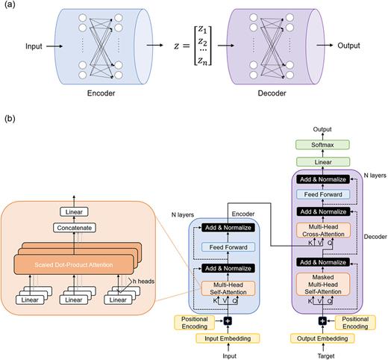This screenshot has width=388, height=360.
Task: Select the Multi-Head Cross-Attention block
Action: pos(322,232)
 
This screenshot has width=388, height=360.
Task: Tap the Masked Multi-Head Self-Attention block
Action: pos(322,285)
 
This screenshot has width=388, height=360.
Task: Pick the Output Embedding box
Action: pos(322,339)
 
